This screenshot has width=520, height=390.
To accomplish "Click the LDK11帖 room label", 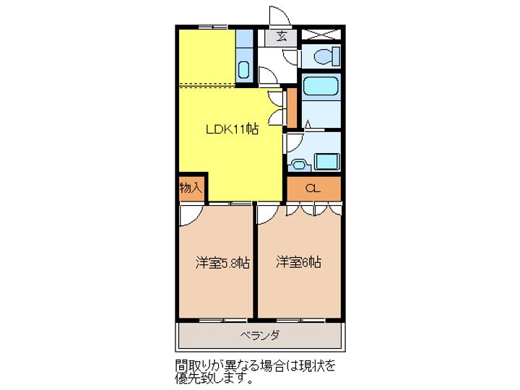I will (x=232, y=130).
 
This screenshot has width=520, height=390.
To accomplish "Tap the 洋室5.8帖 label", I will (x=222, y=263).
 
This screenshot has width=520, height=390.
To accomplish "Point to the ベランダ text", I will (x=260, y=335).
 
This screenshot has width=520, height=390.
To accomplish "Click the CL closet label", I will (x=312, y=188).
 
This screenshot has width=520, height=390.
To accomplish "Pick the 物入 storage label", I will (x=191, y=188).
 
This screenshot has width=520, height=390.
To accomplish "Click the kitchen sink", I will (x=244, y=71).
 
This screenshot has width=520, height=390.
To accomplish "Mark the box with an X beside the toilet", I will (x=321, y=33).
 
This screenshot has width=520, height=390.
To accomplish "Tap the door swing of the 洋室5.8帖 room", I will (x=190, y=214).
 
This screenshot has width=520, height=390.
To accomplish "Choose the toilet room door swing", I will (x=290, y=57).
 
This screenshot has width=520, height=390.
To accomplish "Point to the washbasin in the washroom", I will (x=297, y=163).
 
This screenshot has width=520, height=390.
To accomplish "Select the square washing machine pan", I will (x=327, y=161).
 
